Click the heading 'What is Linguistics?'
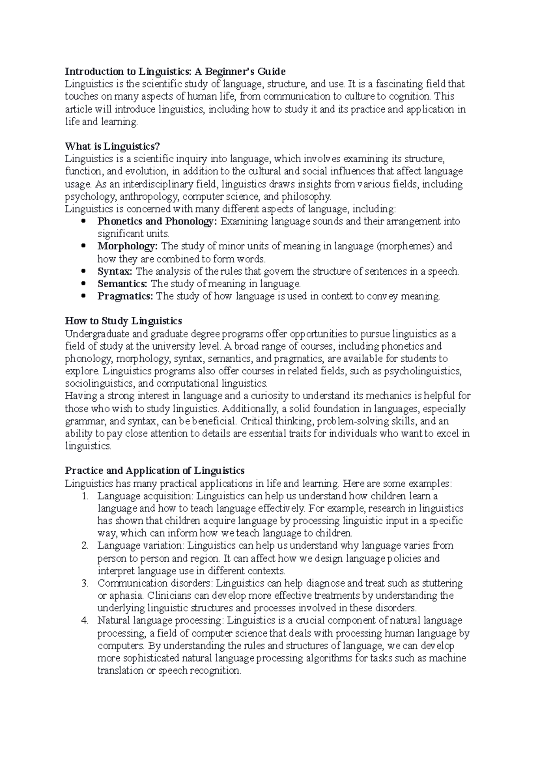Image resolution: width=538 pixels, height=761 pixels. coord(112,146)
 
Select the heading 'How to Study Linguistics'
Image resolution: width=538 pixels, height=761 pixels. coord(123,321)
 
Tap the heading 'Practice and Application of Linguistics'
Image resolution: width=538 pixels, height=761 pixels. coord(155,471)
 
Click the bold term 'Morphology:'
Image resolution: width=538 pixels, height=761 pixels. coord(128,246)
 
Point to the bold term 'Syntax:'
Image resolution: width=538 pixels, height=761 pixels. coord(115,271)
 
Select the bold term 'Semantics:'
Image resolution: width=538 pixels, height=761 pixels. coord(122,284)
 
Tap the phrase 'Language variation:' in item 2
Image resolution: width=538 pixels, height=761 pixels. coord(141,546)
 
